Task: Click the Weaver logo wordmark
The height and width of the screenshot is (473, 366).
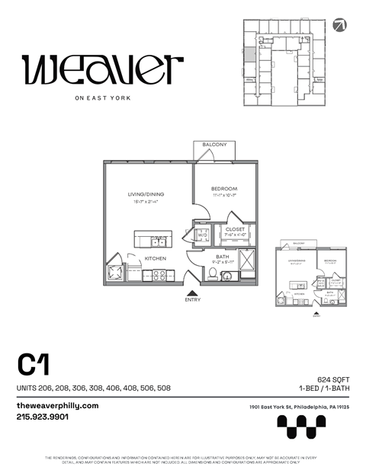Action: (x=103, y=69)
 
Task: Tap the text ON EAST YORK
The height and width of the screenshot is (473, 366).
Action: (x=103, y=97)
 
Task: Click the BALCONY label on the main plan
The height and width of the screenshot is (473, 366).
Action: (x=214, y=145)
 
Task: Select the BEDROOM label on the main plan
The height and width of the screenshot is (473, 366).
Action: (x=225, y=189)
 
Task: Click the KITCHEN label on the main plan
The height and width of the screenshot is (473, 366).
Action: (x=156, y=258)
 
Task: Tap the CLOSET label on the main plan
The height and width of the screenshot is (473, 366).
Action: (x=235, y=229)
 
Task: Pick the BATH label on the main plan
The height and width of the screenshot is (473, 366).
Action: (x=222, y=257)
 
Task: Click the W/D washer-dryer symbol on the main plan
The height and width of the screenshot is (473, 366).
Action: (x=203, y=235)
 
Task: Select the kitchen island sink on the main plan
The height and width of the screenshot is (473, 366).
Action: (x=158, y=241)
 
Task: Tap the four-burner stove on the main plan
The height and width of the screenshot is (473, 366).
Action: (x=159, y=275)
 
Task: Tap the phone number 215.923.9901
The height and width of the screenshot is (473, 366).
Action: (x=43, y=417)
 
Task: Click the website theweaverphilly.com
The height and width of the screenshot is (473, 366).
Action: (x=58, y=405)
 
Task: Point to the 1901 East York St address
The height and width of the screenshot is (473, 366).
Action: (x=299, y=407)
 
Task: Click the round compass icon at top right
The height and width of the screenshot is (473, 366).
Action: (x=339, y=25)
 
